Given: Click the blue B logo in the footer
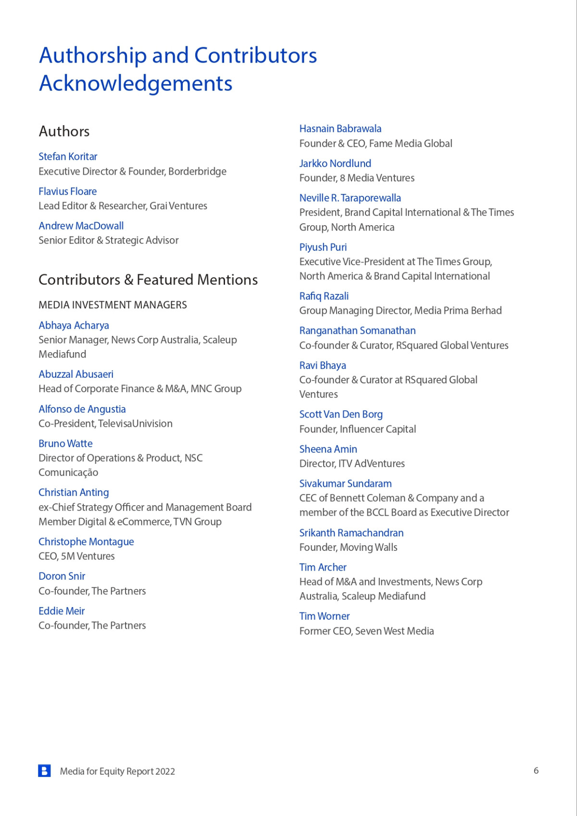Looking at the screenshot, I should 44,771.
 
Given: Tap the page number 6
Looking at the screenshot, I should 536,770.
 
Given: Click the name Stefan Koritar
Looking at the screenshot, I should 68,156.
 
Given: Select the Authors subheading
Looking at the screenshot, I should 64,131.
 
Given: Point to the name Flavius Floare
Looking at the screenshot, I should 67,191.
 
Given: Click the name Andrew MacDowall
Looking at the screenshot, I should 81,226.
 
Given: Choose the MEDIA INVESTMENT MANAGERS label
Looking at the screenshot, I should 113,305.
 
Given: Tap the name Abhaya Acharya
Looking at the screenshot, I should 74,325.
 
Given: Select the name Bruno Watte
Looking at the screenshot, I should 65,443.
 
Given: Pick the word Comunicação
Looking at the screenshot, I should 68,472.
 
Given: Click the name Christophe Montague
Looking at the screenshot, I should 86,541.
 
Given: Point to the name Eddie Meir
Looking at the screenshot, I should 62,611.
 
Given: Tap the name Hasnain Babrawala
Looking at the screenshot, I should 340,128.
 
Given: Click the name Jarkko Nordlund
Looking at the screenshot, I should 335,163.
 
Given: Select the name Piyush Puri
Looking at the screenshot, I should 323,247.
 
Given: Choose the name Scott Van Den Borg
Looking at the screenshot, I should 341,414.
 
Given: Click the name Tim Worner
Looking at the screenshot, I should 324,616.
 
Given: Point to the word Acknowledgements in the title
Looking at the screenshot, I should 136,83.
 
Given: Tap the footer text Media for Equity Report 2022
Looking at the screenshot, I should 117,771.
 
